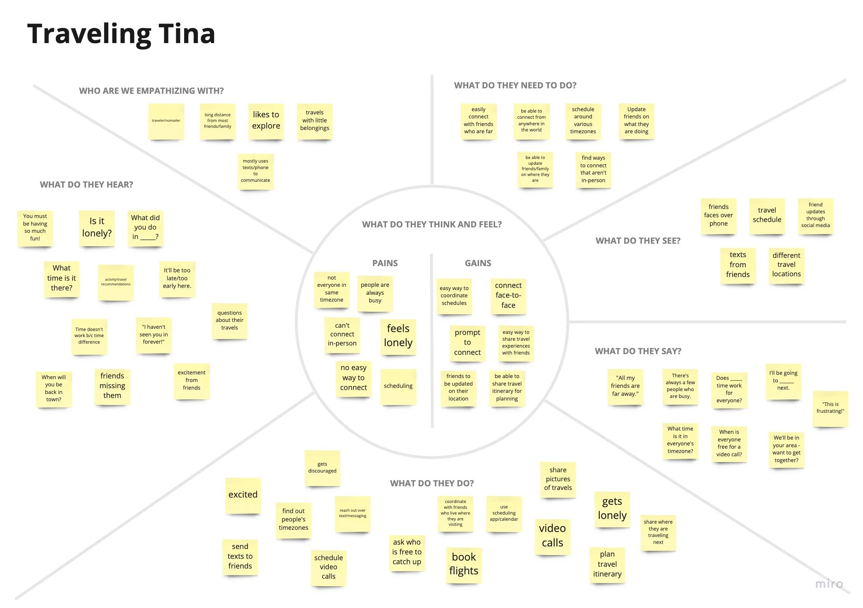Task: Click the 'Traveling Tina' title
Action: [x=121, y=34]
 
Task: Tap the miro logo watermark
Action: [x=829, y=584]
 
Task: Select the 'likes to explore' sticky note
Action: [x=266, y=121]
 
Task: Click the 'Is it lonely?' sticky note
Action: [x=97, y=227]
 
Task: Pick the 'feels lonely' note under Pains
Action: [x=398, y=336]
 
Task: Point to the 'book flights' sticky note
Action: [x=464, y=564]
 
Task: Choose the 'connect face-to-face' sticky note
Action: [x=508, y=296]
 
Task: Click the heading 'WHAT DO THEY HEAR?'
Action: [x=87, y=184]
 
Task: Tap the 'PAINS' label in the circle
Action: [x=385, y=263]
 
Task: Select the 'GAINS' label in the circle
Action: [x=478, y=263]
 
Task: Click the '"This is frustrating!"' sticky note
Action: [x=830, y=408]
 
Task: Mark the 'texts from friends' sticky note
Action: [x=738, y=265]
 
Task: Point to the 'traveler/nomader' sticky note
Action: [x=166, y=121]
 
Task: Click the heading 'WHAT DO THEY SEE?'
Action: [x=638, y=241]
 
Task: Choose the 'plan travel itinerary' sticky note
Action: [x=607, y=565]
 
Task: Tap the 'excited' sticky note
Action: [x=243, y=495]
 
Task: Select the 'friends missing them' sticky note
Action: [x=112, y=386]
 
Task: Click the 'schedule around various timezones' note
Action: [x=583, y=121]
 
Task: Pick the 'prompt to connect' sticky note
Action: [x=467, y=343]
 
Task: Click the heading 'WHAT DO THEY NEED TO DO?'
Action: [x=515, y=85]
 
